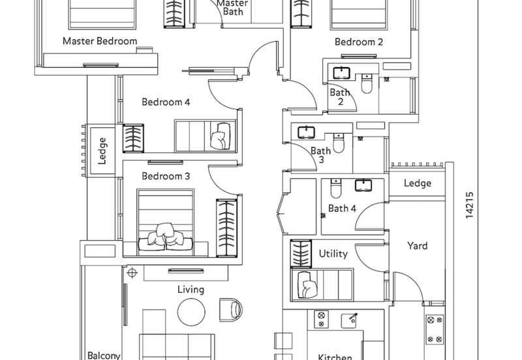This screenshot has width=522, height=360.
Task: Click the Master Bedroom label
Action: pyautogui.click(x=100, y=41)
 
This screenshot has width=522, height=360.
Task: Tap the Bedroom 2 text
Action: pyautogui.click(x=358, y=42)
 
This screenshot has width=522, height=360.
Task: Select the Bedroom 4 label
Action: pyautogui.click(x=166, y=102)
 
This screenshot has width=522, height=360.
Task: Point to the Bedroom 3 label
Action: pyautogui.click(x=166, y=176)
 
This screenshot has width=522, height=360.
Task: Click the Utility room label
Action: pyautogui.click(x=333, y=254)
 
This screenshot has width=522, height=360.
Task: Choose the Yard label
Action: pyautogui.click(x=418, y=246)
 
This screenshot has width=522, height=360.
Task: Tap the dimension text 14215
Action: pyautogui.click(x=469, y=205)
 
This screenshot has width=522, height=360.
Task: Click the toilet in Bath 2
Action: pyautogui.click(x=366, y=83)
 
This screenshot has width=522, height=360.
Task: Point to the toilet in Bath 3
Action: pyautogui.click(x=338, y=143)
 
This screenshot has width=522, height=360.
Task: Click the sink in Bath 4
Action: pyautogui.click(x=363, y=185)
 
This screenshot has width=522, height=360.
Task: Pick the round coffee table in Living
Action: pyautogui.click(x=191, y=312)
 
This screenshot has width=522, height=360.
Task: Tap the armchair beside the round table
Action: pyautogui.click(x=230, y=310)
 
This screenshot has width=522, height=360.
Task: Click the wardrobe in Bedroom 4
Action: pyautogui.click(x=133, y=138)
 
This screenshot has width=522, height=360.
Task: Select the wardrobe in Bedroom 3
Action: pyautogui.click(x=226, y=228)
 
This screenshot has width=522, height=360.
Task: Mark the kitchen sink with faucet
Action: pyautogui.click(x=350, y=320)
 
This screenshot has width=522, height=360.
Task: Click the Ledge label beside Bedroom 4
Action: pyautogui.click(x=102, y=151)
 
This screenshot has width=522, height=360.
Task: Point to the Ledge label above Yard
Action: pyautogui.click(x=418, y=183)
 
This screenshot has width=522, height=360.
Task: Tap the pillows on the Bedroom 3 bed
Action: pyautogui.click(x=166, y=237)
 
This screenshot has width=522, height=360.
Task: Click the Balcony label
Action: pyautogui.click(x=104, y=355)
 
